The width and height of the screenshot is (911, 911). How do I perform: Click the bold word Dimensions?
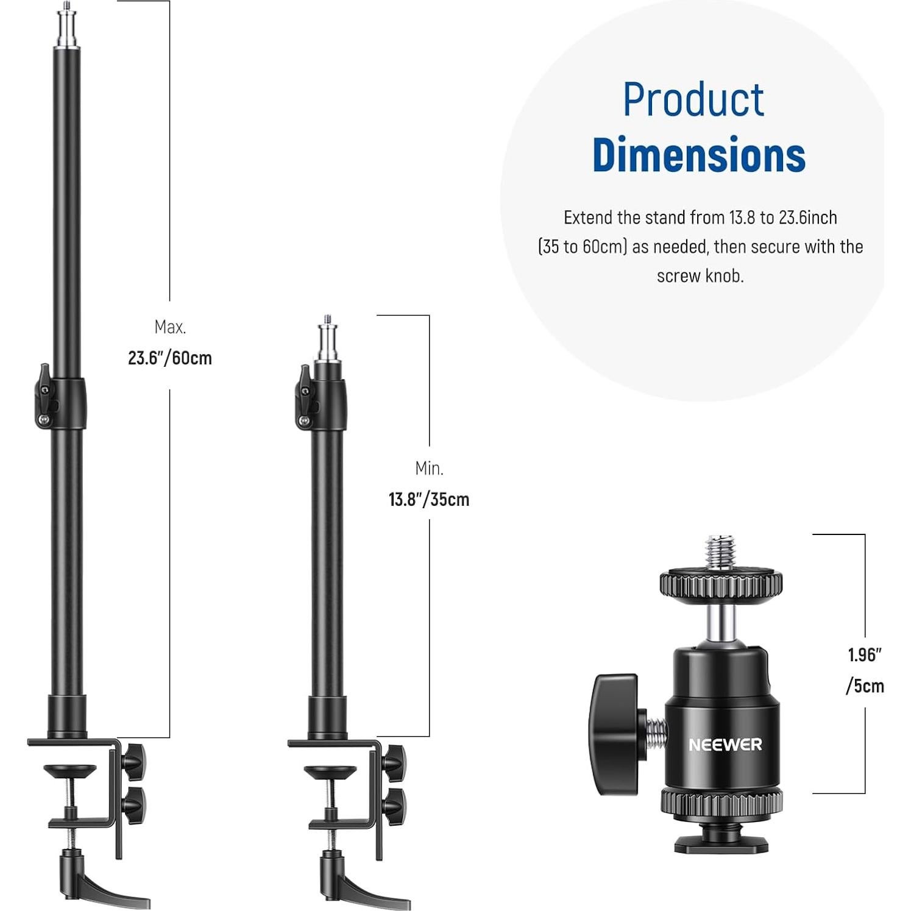coord(699,155)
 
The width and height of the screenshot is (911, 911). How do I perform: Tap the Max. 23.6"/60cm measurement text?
coord(170,343)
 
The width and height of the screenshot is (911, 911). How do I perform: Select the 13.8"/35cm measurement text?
coord(429,500)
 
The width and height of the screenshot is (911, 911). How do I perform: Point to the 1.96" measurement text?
coord(865,655)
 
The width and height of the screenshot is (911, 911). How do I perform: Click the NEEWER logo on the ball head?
coord(725,745)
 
